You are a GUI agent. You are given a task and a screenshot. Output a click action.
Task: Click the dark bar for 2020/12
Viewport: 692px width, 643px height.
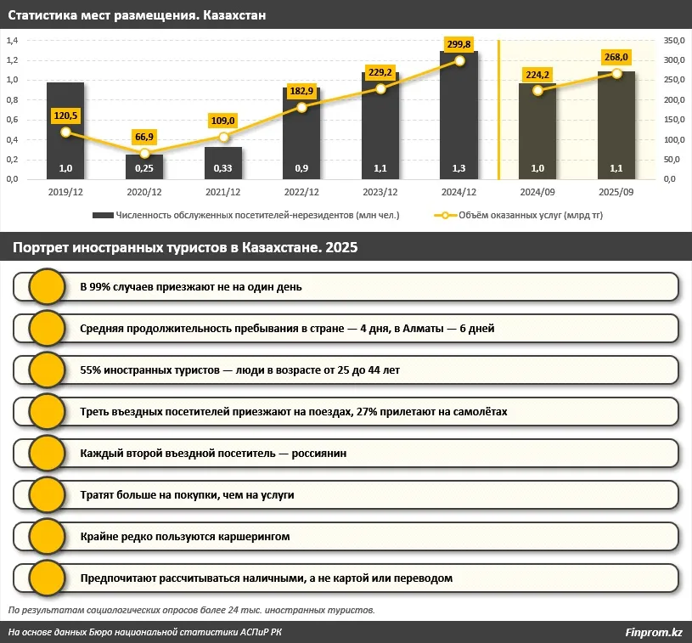point(144,166)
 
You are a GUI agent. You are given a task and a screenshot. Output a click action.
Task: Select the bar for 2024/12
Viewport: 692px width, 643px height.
point(459,116)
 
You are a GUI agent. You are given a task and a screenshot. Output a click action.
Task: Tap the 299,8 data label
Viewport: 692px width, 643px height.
point(459,44)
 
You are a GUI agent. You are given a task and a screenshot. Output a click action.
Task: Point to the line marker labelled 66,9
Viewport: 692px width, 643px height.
point(144,154)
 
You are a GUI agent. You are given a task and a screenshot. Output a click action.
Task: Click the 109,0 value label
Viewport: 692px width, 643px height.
point(222,121)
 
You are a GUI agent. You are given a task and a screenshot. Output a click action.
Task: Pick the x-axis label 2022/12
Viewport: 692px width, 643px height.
point(301,192)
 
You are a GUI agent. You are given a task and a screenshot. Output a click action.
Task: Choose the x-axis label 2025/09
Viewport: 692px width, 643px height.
point(616,192)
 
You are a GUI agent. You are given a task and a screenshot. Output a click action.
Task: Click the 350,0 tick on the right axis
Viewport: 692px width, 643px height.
point(674,40)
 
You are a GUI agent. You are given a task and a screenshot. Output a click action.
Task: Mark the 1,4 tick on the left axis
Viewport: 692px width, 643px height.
point(12,40)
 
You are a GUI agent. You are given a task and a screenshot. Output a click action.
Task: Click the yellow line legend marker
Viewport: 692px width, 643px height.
point(445,216)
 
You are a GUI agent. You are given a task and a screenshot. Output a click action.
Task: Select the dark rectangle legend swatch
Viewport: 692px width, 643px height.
point(104,216)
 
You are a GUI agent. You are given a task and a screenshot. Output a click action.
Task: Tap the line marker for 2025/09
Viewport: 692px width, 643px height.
point(616,73)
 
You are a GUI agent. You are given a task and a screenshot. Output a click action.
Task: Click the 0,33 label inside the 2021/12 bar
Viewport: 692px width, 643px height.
point(222,168)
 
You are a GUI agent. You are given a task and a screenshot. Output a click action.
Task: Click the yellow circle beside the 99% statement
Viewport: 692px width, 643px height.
point(48,286)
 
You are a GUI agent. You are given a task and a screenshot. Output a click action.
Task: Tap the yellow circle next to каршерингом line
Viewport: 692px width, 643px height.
point(48,537)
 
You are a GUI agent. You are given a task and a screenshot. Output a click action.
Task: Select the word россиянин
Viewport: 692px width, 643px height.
point(319,454)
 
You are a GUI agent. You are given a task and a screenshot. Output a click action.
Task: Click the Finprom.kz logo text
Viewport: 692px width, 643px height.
point(654,633)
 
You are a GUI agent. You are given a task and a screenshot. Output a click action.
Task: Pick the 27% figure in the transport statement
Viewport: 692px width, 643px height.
point(366,412)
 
